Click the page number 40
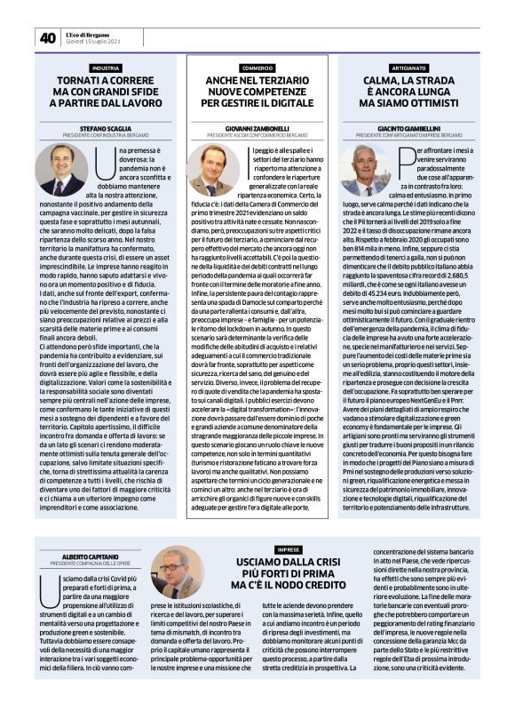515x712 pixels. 47,38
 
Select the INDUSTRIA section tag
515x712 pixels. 107,68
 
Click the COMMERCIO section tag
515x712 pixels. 257,68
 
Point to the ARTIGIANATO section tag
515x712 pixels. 408,68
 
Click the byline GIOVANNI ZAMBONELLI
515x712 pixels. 257,128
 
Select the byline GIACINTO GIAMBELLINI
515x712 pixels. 408,128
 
